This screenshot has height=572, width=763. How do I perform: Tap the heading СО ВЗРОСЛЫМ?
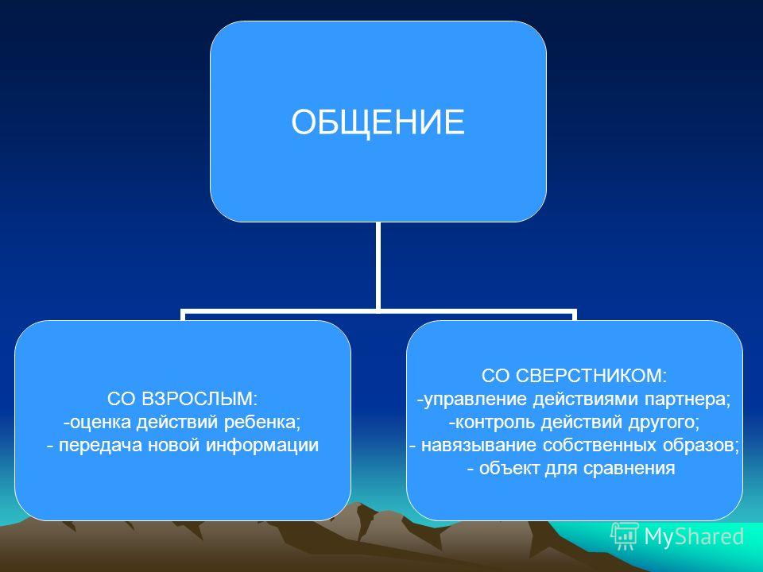pos(182,399)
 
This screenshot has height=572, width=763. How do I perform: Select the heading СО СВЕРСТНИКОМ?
pos(574,376)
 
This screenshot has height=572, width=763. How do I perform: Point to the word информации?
pos(261,446)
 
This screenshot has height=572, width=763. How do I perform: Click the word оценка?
pos(100,422)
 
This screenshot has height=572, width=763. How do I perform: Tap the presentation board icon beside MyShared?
pos(625,536)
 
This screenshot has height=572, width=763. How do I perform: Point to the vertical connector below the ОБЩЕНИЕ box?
pos(378,265)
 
